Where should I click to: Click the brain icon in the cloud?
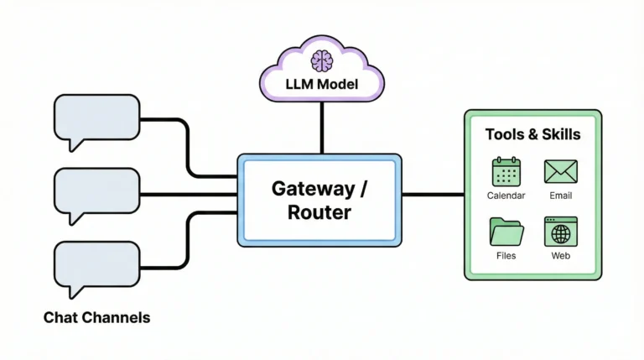coord(321,60)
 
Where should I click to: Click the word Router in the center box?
coord(319,212)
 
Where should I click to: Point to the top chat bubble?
coord(96,118)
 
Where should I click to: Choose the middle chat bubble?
coord(96,190)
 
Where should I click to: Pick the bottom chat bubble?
coord(96,264)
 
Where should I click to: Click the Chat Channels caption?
coord(97,318)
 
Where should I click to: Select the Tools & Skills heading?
coord(532,134)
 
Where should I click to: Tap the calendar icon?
coord(506,172)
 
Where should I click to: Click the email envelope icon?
coord(560,172)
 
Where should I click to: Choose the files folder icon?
coord(506,231)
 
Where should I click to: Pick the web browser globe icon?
coord(560,231)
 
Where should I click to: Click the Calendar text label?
coord(506,196)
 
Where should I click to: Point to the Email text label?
coord(560,196)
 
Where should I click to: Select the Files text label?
coord(506,255)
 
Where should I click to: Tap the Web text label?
coord(560,255)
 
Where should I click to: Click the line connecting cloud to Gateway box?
coord(321,130)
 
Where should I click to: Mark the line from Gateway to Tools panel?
coord(433,195)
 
